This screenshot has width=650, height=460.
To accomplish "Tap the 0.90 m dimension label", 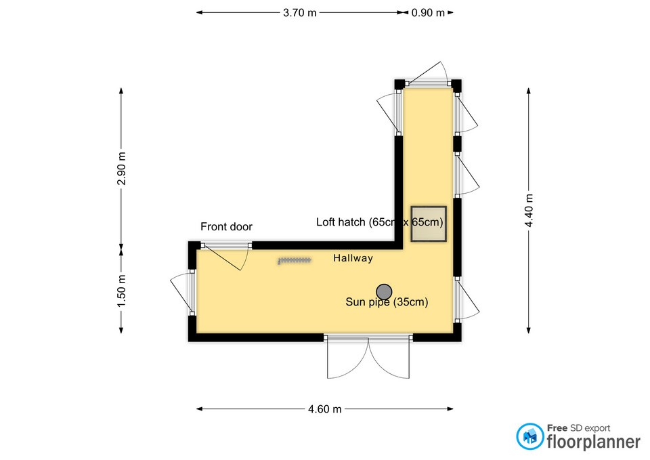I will (x=429, y=12).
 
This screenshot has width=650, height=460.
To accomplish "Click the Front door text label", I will (x=226, y=227).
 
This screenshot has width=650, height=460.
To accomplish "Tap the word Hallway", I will (x=353, y=257).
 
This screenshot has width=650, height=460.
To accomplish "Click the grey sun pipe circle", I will (x=384, y=291).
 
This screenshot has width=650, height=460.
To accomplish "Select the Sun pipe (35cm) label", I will (x=387, y=303).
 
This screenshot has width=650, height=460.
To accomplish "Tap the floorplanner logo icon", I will (x=529, y=437).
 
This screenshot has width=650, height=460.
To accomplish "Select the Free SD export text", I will (x=578, y=427).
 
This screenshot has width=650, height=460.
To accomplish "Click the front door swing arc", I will (x=230, y=258).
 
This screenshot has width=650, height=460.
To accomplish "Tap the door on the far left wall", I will (x=180, y=293).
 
